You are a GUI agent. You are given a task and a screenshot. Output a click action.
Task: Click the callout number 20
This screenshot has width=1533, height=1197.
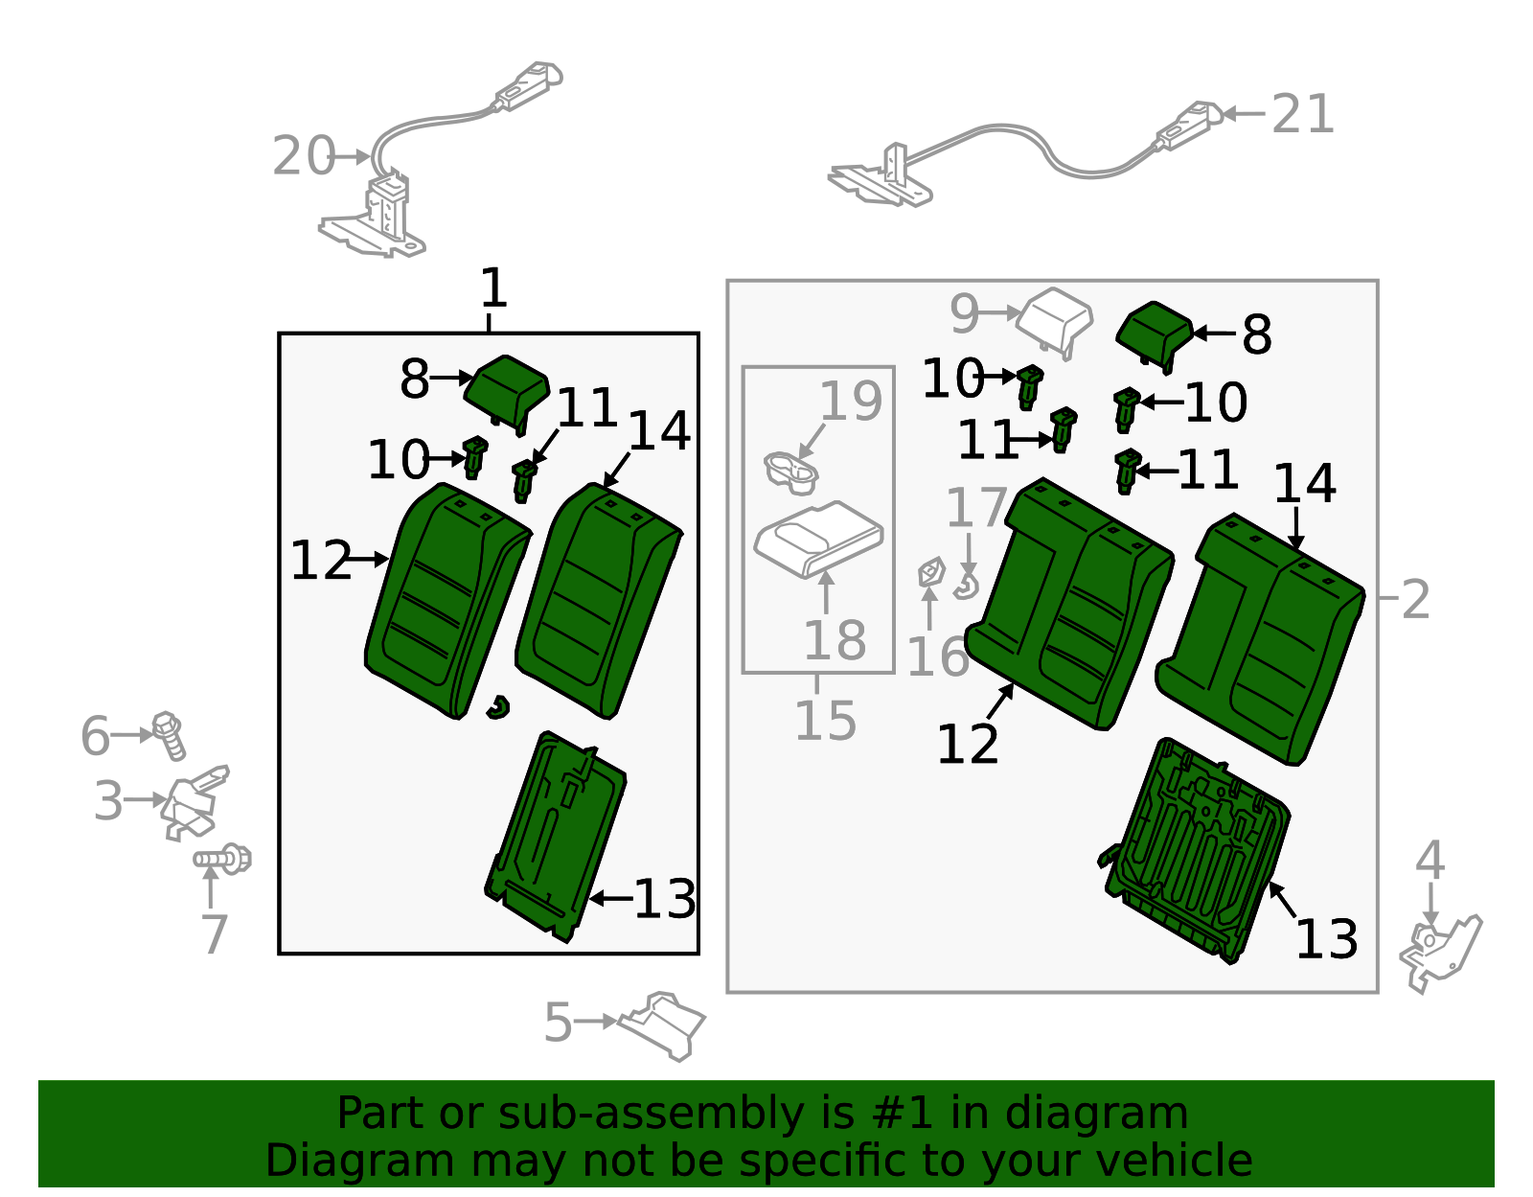[x=304, y=156]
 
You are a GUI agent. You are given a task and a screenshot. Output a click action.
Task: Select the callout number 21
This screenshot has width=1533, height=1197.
[x=1302, y=114]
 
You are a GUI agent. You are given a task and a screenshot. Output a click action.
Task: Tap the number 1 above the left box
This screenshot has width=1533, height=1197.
[x=493, y=288]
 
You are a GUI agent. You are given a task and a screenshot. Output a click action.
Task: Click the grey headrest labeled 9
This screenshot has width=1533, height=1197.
[x=1056, y=320]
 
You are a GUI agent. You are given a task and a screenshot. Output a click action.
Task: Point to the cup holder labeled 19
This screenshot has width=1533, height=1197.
[x=791, y=473]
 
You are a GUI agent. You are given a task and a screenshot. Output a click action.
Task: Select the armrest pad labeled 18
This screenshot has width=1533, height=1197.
[x=818, y=540]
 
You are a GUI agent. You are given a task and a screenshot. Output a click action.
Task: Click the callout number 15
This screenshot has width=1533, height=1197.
[x=825, y=720]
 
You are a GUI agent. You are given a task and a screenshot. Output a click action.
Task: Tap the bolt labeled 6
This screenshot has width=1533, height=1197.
[x=170, y=735]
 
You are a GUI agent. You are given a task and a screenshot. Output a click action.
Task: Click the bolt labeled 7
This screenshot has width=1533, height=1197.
[x=222, y=859]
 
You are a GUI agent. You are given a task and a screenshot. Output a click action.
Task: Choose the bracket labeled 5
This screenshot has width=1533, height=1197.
[x=662, y=1025]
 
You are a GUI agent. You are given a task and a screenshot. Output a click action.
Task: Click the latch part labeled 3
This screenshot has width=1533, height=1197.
[x=194, y=803]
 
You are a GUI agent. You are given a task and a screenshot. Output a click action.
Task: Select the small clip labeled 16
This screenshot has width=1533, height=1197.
[x=931, y=571]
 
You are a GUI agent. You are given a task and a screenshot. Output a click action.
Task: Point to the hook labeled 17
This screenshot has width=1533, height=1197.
[x=967, y=586]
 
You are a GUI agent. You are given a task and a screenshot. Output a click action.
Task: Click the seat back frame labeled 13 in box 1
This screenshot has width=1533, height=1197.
[x=556, y=838]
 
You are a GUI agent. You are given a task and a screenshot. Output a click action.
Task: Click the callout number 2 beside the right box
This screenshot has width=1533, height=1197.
[x=1415, y=600]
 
